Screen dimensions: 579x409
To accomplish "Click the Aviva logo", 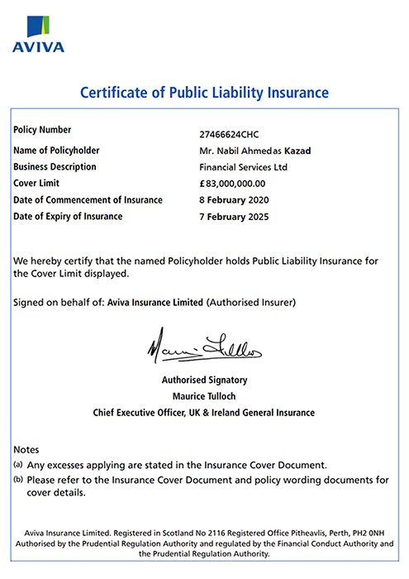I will (37, 33).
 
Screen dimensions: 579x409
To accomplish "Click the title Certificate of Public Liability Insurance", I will (204, 92).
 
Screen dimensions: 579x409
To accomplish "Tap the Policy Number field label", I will (43, 130).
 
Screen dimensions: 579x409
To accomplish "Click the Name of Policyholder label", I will (56, 150).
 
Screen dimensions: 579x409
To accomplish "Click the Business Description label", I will (55, 166).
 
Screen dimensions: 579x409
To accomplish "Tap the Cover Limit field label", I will (38, 183).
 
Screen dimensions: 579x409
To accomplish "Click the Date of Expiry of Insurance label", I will (69, 216).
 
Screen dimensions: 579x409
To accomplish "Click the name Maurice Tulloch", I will (204, 396).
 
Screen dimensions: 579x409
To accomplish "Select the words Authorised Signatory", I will (204, 380).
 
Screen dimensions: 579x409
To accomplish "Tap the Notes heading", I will (26, 448).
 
